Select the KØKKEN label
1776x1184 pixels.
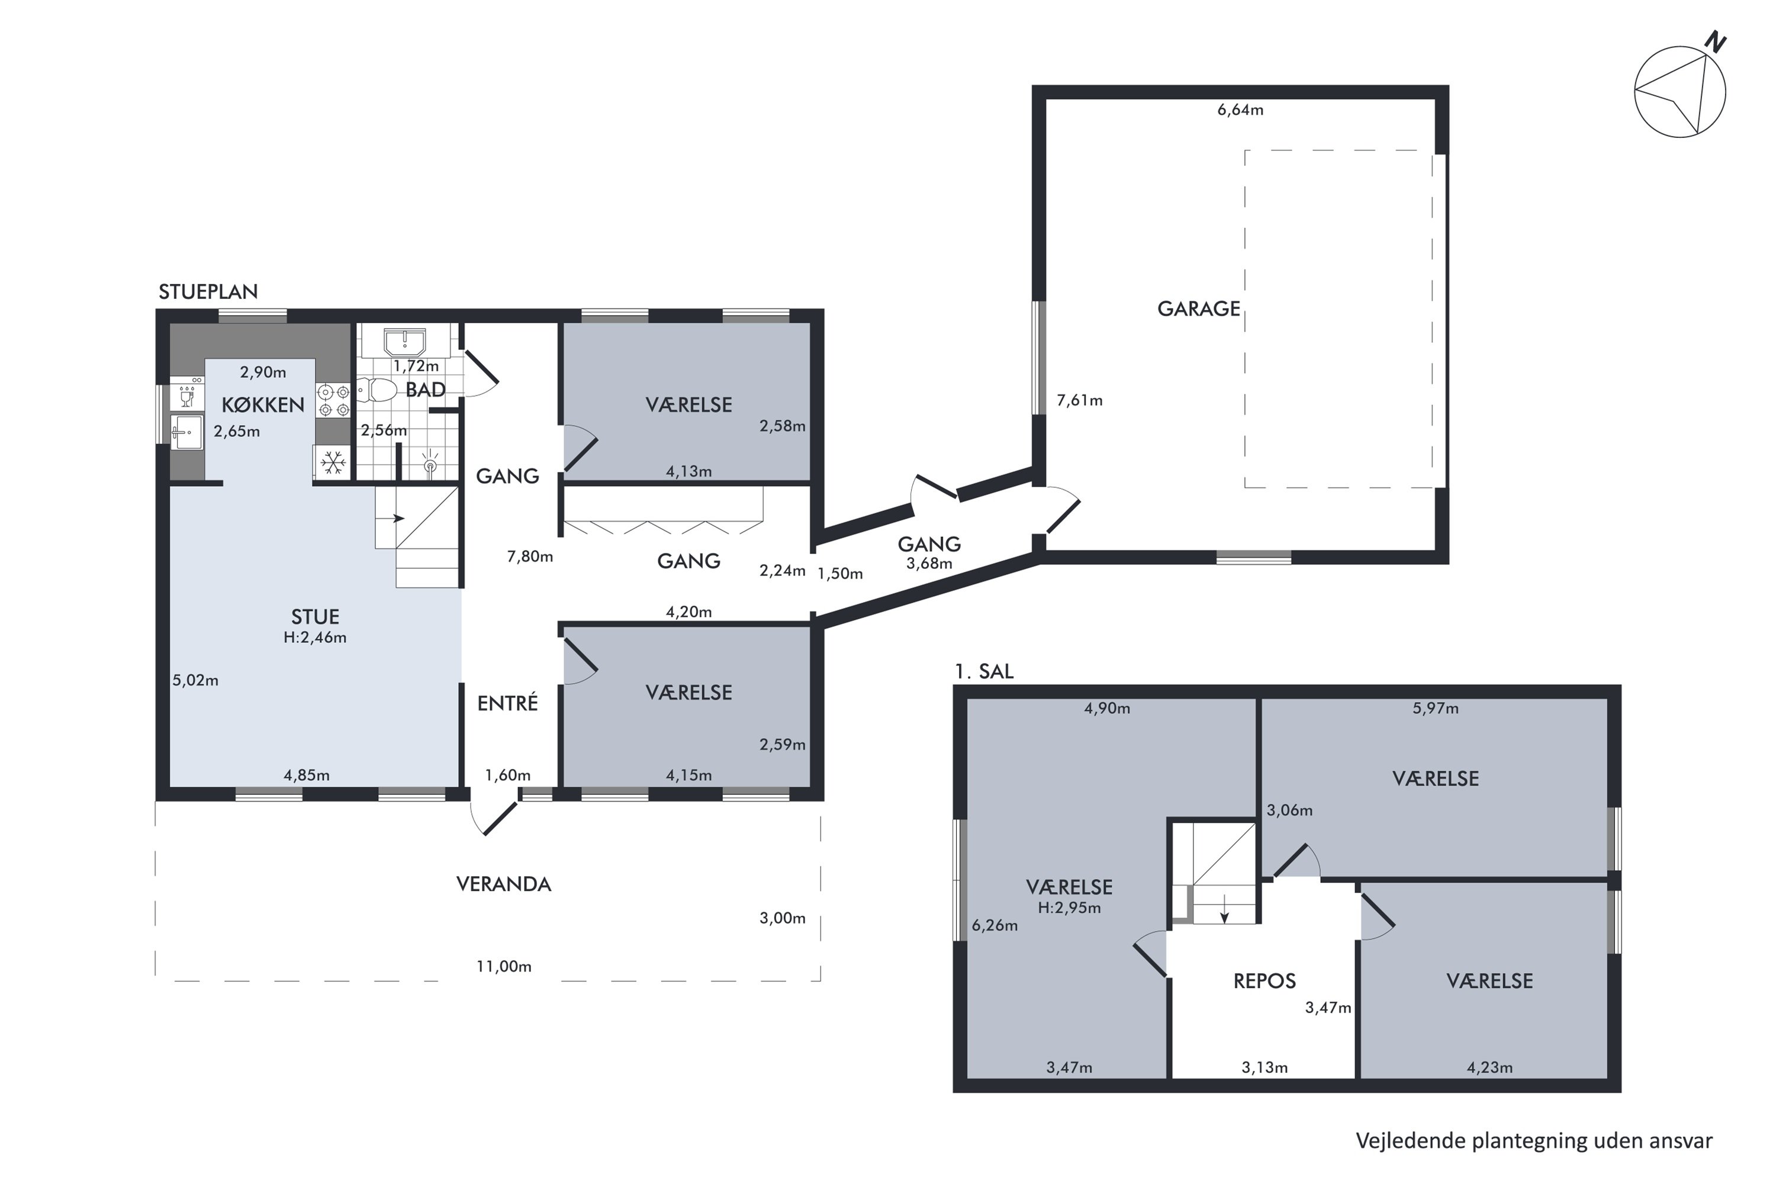point(263,405)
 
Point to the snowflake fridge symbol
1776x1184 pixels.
point(332,462)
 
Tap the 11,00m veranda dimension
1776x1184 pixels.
point(504,967)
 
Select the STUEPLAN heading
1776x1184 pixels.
point(208,291)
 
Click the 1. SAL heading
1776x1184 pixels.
point(984,671)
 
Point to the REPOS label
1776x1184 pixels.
point(1264,981)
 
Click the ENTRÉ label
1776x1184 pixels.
point(507,703)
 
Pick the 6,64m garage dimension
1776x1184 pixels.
point(1240,110)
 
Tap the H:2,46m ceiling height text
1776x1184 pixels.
point(315,638)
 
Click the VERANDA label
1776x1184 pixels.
point(504,884)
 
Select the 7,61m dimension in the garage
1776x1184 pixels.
point(1079,401)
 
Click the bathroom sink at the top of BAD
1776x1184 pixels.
point(405,342)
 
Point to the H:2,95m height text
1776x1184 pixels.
point(1069,908)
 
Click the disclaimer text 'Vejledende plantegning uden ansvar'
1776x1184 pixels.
point(1534,1141)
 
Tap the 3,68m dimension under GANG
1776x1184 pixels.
point(929,564)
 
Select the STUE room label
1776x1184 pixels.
point(315,617)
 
